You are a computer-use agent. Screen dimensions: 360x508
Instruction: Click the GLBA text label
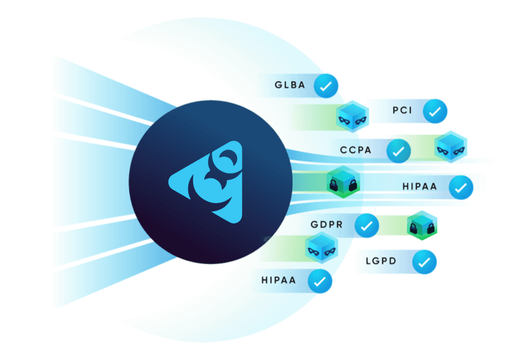tap(289, 85)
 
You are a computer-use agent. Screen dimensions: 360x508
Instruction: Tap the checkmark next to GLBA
tap(326, 86)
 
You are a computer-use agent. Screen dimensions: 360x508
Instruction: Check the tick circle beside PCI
tap(435, 112)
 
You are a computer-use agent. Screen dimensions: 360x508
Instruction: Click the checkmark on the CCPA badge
tap(399, 150)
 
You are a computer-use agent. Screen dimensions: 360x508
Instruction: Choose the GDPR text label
tap(327, 225)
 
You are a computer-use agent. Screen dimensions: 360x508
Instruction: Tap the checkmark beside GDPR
tap(366, 226)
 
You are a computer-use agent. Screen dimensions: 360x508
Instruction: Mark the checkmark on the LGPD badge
tap(424, 262)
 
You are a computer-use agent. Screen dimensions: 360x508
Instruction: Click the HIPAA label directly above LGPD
tap(420, 186)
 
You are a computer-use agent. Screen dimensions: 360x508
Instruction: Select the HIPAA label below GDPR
tap(278, 280)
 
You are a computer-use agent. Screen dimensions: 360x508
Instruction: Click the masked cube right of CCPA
tap(451, 147)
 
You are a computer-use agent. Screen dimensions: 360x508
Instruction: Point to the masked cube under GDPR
tap(322, 249)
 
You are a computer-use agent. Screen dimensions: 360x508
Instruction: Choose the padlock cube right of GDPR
tap(422, 225)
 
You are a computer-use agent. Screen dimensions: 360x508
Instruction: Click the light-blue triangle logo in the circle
tap(204, 180)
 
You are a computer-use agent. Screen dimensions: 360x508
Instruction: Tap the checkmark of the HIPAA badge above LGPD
tap(460, 186)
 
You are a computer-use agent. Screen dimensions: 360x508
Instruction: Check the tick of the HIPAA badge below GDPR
tap(320, 281)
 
